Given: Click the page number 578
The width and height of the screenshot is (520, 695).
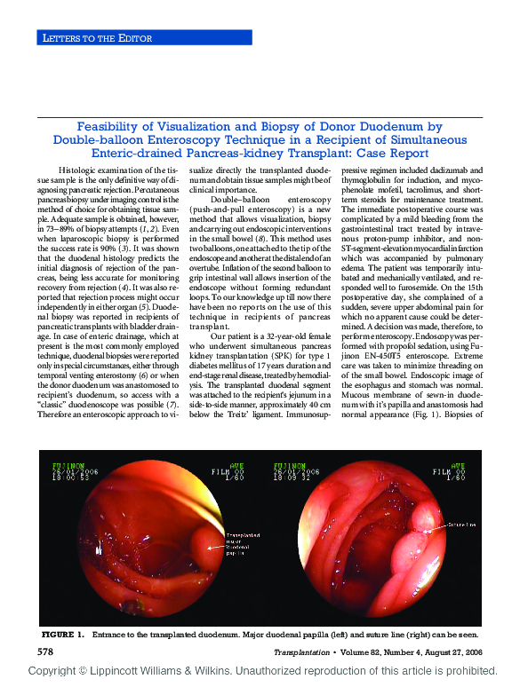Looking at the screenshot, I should [x=49, y=652].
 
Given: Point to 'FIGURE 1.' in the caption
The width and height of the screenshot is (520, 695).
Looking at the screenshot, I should [x=62, y=636].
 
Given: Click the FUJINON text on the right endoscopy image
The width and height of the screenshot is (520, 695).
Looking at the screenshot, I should [x=294, y=464].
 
